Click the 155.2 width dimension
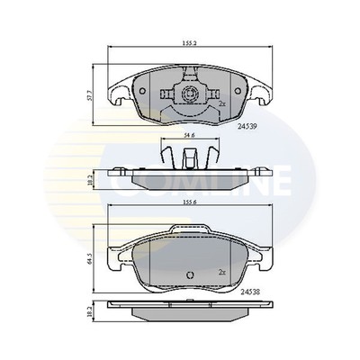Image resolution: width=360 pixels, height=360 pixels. click(x=188, y=41)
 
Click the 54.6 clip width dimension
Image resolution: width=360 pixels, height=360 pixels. click(x=189, y=135)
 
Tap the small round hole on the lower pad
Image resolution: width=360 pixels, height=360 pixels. click(x=188, y=276)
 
